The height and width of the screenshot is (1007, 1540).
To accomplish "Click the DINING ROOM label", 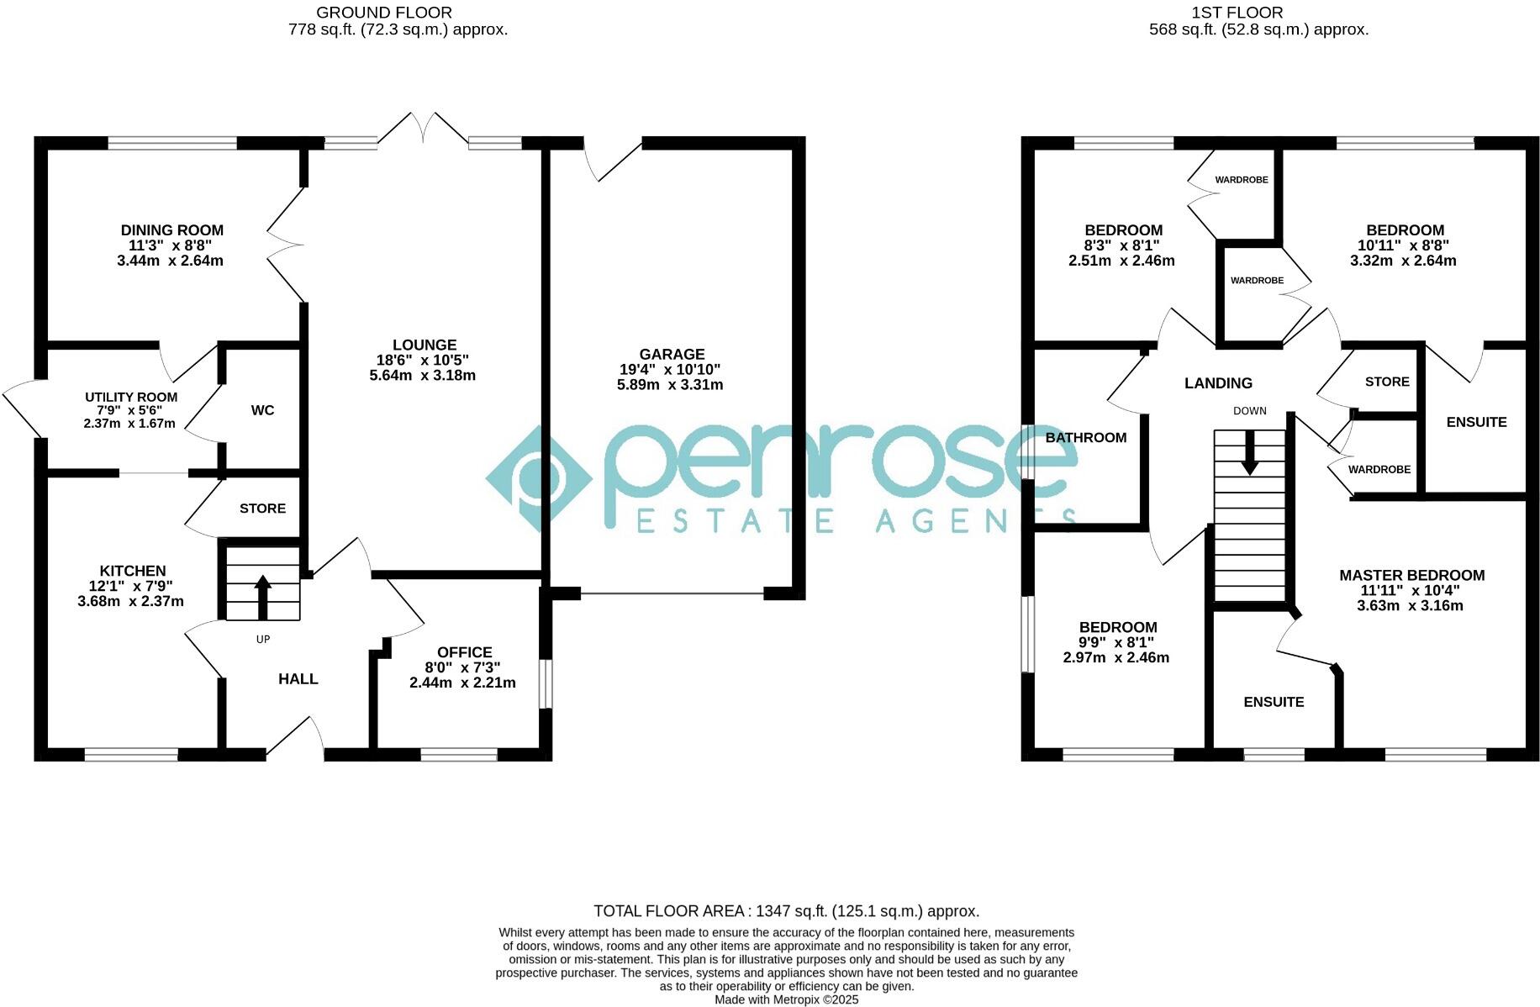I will coord(172,229).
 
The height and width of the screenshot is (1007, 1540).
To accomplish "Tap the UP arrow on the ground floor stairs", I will coord(262,596).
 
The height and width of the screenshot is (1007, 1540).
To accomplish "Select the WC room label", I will coord(262,410).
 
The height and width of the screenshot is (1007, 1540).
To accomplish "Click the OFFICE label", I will coord(464,652).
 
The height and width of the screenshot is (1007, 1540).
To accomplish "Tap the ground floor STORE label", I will coord(262,509).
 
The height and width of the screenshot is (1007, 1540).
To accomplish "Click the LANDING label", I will coord(1218,383).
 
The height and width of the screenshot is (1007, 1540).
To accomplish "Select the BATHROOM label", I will coord(1086,437).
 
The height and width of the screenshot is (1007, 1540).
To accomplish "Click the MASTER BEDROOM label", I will coord(1411,575).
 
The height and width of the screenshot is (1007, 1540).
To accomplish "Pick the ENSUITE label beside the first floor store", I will coord(1476,422).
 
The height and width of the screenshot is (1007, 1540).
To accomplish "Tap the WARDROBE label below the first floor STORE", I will coord(1379,470).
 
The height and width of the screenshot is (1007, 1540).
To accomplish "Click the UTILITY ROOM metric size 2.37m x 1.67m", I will coord(129,424).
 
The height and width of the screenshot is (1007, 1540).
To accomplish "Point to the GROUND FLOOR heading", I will coord(383,13).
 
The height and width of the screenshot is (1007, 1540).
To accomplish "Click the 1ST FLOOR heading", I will coord(1237,13).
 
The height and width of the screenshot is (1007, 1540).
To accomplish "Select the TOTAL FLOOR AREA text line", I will coord(786,911).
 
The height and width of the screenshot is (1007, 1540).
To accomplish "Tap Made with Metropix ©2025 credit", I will coord(786,999).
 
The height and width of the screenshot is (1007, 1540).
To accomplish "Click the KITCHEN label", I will coord(133,571).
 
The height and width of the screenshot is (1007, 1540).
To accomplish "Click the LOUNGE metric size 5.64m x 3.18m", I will coord(422,375).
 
